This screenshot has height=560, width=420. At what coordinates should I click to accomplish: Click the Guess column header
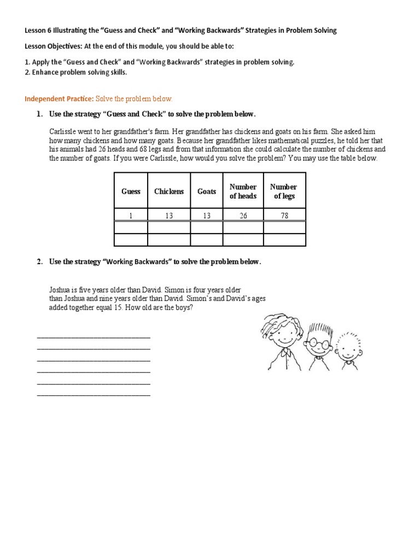point(131,191)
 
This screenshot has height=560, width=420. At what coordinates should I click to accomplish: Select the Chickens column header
point(169,191)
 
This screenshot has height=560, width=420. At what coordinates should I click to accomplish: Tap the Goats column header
point(207,191)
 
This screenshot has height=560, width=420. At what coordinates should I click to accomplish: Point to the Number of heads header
point(243,191)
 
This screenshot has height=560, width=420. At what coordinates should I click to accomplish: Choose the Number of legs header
point(284,191)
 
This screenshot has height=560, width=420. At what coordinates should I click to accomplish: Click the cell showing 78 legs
point(284,216)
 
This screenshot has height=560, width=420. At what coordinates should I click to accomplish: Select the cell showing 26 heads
point(243,216)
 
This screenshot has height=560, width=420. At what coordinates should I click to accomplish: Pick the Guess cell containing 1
point(131,216)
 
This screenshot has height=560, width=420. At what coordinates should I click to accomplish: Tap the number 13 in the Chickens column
point(169,216)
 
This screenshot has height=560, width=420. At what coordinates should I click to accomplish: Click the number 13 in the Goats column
point(207,216)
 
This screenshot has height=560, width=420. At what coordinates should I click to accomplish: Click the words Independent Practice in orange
point(59,99)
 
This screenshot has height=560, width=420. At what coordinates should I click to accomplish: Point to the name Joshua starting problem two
point(60,290)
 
